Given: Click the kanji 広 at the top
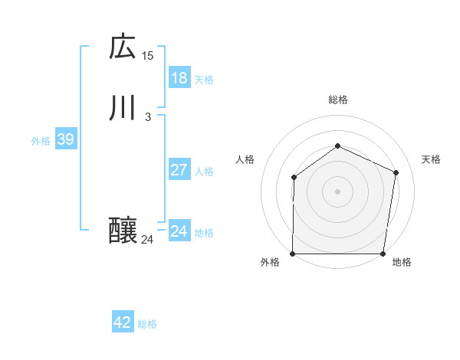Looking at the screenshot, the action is pos(123,47).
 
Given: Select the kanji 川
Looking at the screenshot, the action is pos(123,108).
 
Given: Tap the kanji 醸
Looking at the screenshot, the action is pos(123,231).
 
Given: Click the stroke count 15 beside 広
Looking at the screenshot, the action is pos(148,56).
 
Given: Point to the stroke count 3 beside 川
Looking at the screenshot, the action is pos(148,117).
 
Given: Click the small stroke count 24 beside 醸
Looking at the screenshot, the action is pos(148,240).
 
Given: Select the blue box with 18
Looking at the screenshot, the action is pos(179,78).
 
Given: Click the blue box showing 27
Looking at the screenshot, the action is pos(179,170).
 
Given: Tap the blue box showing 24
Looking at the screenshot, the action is pos(179,231).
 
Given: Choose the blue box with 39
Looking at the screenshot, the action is pos(65,139).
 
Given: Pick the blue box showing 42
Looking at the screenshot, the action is pos(123,322).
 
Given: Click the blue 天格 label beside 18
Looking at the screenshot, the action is pos(204,80).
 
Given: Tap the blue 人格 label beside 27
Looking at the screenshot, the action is pos(204,172).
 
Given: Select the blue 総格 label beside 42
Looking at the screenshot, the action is pos(147,324).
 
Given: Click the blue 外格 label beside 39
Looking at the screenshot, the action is pos(41,141).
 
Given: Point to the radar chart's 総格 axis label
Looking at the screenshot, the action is pos(337,100).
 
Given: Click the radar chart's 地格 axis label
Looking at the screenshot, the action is pos(402,263).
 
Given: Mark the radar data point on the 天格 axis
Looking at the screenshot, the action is pos(396,172).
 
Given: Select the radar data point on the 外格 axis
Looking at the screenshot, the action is pos(293,254).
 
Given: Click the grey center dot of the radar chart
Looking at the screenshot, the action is pos(337,191).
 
